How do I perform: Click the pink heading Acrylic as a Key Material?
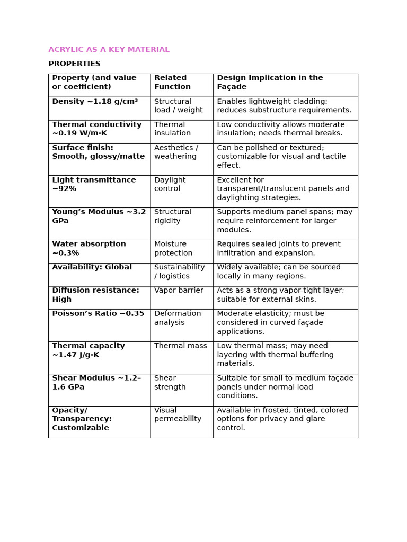[x=109, y=50]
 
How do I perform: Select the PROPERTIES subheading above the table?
[x=74, y=64]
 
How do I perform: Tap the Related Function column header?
[x=172, y=83]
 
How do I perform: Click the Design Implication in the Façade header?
[x=270, y=83]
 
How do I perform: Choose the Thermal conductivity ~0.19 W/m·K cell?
[x=97, y=129]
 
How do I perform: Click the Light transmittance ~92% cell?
[x=94, y=184]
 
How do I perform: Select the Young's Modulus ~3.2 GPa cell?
[x=99, y=216]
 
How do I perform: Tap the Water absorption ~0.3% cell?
[x=89, y=249]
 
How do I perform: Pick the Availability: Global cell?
[x=92, y=268]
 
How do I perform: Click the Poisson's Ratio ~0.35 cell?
[x=98, y=314]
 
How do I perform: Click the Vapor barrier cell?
[x=179, y=291]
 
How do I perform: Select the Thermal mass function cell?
[x=181, y=346]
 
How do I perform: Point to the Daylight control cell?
[x=170, y=184]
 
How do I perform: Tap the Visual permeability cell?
[x=178, y=414]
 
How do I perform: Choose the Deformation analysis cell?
[x=178, y=318]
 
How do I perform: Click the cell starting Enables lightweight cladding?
[x=284, y=106]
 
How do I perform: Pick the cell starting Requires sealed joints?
[x=279, y=249]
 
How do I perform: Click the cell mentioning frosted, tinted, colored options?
[x=282, y=419]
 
